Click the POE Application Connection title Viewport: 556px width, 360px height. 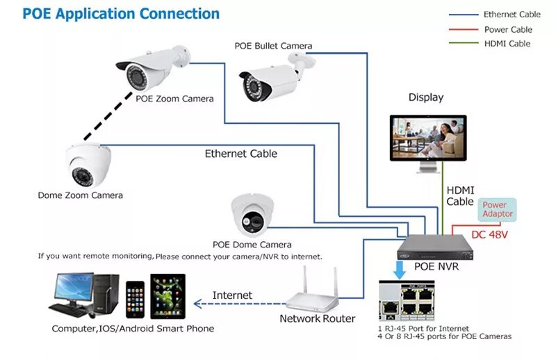[x=121, y=13]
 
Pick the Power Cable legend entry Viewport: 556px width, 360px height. [x=508, y=29]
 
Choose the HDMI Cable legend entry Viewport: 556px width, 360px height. [x=507, y=44]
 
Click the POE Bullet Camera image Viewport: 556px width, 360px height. [x=270, y=79]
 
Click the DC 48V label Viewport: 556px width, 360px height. [x=489, y=234]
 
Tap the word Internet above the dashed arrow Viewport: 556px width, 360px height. [x=232, y=295]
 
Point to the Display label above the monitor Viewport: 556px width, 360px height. [x=425, y=98]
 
